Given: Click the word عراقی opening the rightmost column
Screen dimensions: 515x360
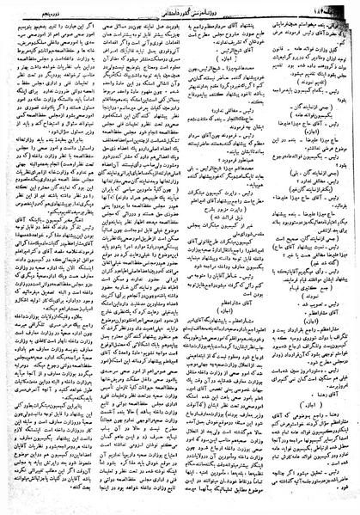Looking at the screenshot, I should point(345,27).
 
